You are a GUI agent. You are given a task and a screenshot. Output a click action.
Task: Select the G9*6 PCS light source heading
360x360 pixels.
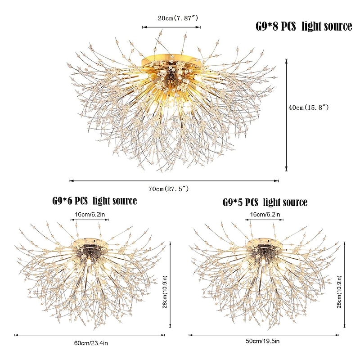click(x=94, y=201)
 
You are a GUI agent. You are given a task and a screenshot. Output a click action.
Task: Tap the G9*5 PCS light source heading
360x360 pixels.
click(x=265, y=202)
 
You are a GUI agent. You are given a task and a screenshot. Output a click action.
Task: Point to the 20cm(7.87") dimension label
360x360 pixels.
click(x=171, y=18)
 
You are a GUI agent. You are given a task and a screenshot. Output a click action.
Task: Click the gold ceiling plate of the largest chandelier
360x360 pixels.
click(x=171, y=61)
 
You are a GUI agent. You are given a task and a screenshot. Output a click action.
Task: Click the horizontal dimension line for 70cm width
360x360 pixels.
click(x=174, y=181)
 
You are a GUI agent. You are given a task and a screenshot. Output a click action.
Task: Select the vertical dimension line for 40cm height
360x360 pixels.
click(x=287, y=115)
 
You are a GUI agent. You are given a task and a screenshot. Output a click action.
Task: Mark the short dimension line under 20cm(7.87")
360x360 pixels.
click(x=171, y=27)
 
